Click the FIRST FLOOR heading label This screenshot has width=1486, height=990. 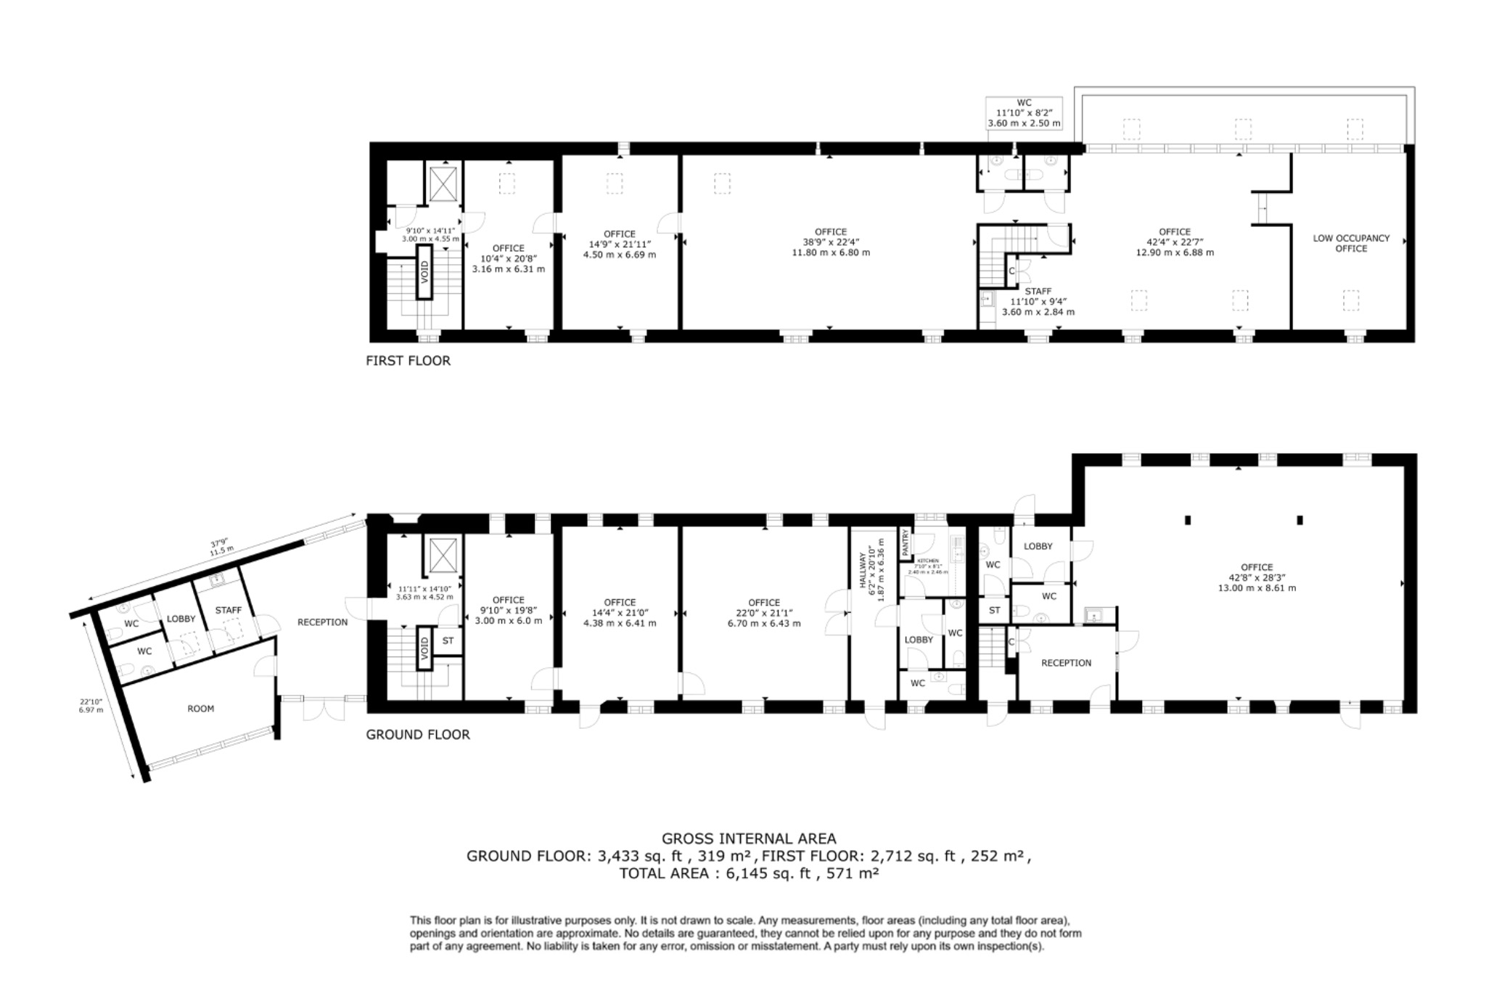408,360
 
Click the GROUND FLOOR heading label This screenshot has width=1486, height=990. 417,735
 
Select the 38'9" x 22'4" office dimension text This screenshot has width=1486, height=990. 830,242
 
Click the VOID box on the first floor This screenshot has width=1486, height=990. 424,272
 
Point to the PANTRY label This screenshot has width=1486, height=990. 906,543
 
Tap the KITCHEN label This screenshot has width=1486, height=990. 927,561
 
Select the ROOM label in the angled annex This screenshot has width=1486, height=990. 200,709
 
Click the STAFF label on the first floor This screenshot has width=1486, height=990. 1038,292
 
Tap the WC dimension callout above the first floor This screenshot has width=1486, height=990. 1023,114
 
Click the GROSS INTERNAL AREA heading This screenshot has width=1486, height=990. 748,839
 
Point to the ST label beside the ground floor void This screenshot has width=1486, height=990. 448,641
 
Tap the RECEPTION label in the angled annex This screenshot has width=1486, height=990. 322,622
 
